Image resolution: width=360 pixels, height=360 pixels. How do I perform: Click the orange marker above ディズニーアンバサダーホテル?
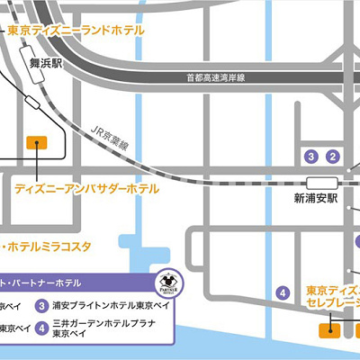point(37,141)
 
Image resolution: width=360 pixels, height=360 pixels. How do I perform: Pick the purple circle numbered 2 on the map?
point(333,157)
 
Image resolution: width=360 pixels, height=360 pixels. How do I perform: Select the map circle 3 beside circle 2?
point(312,157)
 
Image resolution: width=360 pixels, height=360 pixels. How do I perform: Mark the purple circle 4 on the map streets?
point(283,292)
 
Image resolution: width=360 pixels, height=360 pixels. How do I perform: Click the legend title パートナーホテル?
point(45,282)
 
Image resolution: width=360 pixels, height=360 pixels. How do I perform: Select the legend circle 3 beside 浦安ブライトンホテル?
point(42,305)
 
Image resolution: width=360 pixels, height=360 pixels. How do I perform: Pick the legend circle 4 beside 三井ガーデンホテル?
point(42,327)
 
